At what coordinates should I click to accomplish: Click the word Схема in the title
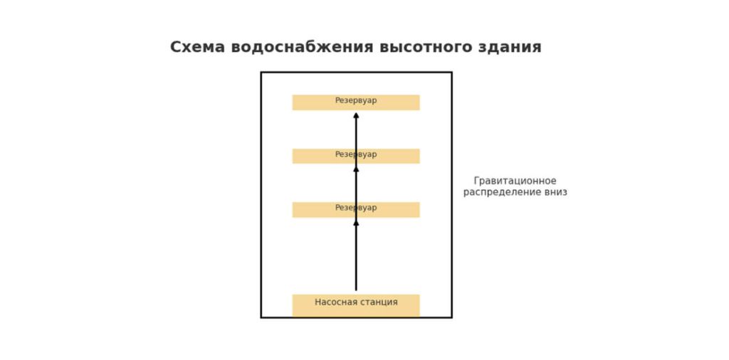197,48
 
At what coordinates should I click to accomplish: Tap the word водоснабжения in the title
302,48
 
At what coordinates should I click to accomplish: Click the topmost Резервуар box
356,102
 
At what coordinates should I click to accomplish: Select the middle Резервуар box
356,156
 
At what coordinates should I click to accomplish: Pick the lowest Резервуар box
356,209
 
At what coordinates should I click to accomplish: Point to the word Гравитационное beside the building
515,181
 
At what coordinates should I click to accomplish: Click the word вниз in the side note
555,192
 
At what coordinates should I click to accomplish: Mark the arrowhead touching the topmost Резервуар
356,115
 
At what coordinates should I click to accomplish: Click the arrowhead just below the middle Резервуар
356,169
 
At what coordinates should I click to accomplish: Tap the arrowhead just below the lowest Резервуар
356,223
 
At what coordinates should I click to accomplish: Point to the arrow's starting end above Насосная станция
356,290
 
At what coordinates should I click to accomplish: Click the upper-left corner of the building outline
261,73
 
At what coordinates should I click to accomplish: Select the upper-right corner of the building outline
451,73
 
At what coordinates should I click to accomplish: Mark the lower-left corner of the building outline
261,317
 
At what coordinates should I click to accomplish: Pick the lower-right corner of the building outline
451,317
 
